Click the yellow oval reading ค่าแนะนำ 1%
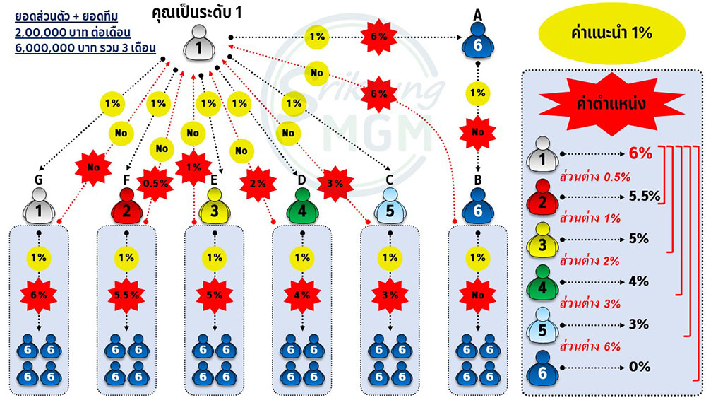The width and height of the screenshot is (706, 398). pos(611,33)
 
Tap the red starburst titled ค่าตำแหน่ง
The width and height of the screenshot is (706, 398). pos(611,104)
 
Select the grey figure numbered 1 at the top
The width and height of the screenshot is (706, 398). pos(198,43)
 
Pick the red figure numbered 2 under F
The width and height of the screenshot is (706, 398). pos(126,206)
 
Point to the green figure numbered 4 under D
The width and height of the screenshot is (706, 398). pos(302,206)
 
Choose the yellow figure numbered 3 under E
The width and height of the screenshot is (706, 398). pos(215,206)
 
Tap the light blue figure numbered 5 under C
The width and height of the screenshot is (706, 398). pos(390,206)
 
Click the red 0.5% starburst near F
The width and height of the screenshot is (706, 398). pos(155,184)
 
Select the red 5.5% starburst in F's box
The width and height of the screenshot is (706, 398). pos(126,295)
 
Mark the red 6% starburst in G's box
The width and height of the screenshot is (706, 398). pos(39,295)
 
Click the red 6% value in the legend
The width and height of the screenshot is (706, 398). pos(641,153)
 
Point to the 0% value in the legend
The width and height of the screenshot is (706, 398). pos(640,367)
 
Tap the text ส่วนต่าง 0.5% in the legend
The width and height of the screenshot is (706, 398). pos(594,177)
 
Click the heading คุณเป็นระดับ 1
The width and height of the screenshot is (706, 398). pos(197,12)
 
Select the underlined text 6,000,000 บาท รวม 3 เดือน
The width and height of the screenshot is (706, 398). pos(85,48)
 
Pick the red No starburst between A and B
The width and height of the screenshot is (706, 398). pos(478,132)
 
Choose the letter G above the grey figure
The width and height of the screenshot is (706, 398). pos(39,180)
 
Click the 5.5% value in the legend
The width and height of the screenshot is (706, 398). pos(645,196)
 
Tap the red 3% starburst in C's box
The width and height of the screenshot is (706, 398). pos(390,295)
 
